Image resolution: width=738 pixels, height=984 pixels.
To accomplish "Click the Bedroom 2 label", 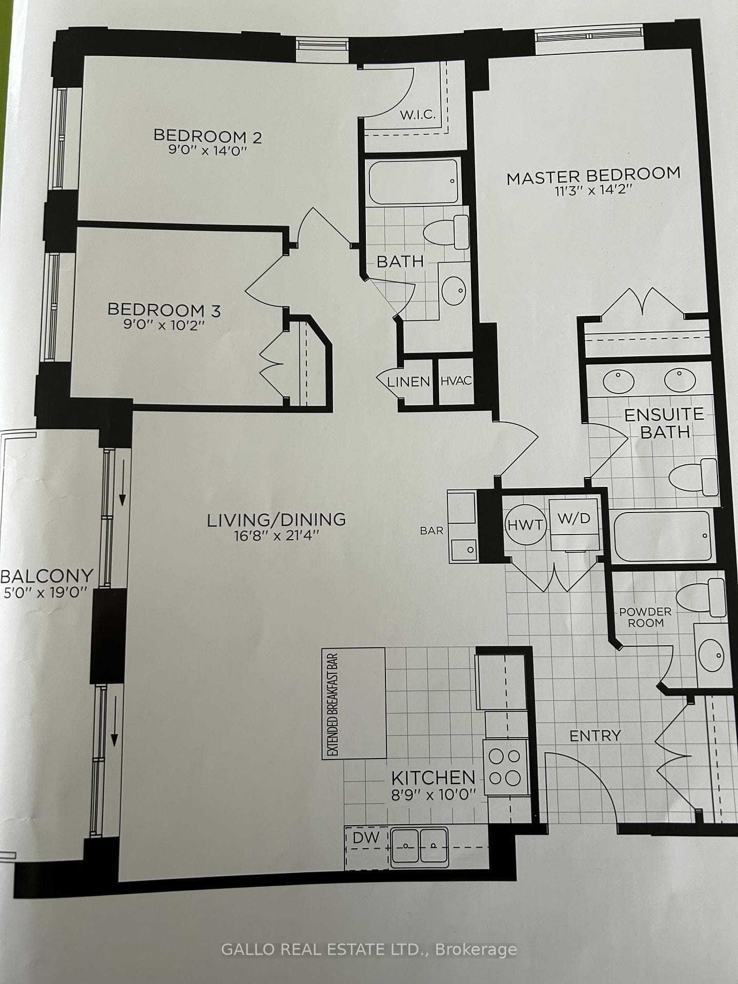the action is click(x=208, y=136).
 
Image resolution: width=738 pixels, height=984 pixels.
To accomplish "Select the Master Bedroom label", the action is click(x=593, y=176).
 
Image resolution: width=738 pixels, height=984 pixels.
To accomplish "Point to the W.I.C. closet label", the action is click(x=418, y=114).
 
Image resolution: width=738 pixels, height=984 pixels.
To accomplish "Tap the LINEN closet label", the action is click(x=408, y=382).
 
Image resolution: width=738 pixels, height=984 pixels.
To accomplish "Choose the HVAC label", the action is click(x=456, y=381).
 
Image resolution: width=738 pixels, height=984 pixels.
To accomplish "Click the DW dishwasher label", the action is click(x=366, y=838).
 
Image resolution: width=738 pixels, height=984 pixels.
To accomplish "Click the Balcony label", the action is click(x=47, y=576).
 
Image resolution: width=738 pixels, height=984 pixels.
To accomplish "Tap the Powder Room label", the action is click(x=645, y=617).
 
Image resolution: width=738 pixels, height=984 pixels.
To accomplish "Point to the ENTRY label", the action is click(x=596, y=736).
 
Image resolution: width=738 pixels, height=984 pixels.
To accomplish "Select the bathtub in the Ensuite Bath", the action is click(x=663, y=536).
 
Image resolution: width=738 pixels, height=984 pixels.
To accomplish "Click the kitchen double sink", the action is click(x=419, y=847).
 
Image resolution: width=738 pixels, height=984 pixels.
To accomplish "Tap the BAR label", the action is click(x=432, y=530).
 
